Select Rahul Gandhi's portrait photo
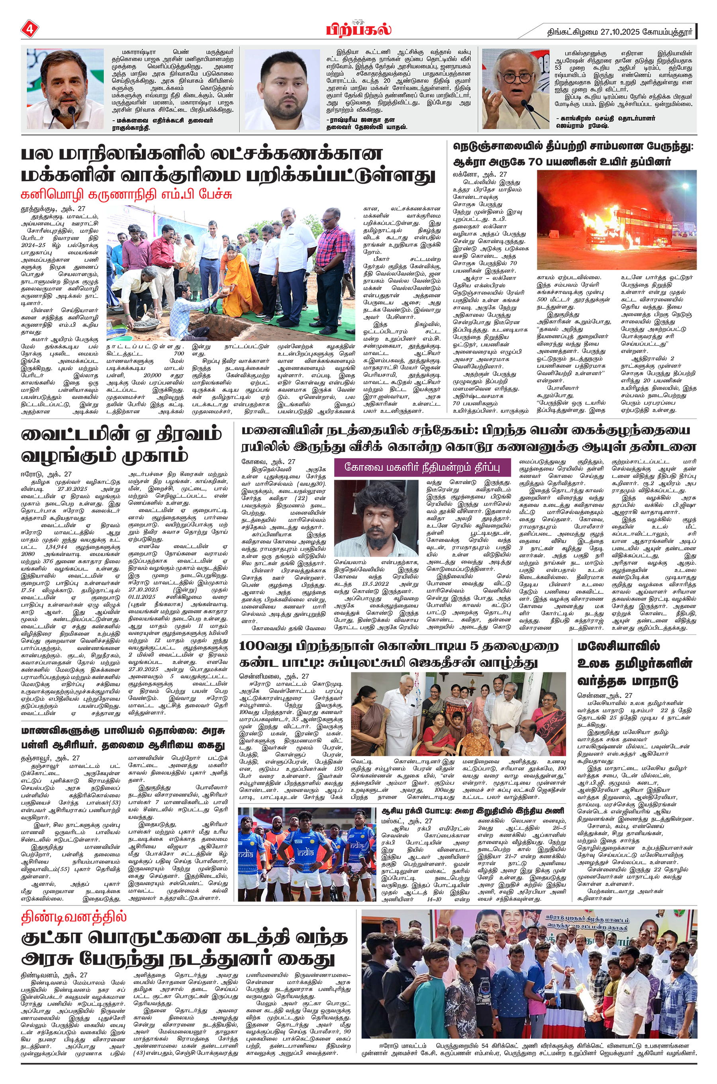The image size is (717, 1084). tap(65, 89)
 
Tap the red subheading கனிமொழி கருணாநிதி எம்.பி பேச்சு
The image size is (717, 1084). tap(127, 194)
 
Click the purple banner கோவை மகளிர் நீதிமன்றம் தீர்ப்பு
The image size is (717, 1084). tap(421, 467)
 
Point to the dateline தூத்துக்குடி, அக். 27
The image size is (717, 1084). tap(53, 209)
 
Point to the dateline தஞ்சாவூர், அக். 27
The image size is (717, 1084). tap(50, 758)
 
